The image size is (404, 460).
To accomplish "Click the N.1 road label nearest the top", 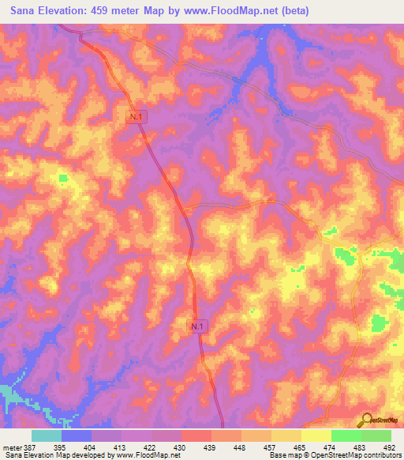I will [138, 116].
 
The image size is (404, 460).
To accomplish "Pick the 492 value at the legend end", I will [391, 447].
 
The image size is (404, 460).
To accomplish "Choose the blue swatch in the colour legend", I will [77, 435].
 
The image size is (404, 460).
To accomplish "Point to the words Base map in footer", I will [282, 456].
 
